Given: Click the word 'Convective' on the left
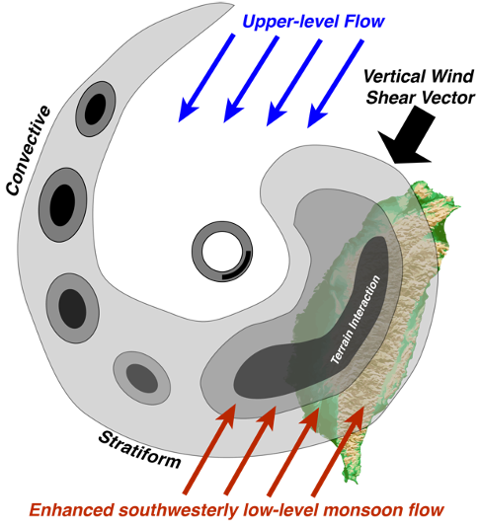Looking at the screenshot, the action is coord(29,150).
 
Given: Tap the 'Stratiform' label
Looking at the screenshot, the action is coord(140,450).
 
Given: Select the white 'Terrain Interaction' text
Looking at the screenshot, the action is coord(356,320).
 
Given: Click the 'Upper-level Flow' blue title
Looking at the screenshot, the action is coord(313,22).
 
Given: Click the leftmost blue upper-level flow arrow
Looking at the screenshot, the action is coord(206,78).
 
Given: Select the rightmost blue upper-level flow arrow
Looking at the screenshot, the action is coord(336,84).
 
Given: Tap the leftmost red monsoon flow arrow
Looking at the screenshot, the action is coord(209,448).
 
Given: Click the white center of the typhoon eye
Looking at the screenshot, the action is coord(222,252).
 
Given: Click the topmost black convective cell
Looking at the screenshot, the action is coord(96,109).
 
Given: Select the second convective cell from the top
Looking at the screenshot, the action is coord(63,204).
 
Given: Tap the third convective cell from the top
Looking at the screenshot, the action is coord(72,308).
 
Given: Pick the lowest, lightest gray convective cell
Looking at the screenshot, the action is coord(142,378).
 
